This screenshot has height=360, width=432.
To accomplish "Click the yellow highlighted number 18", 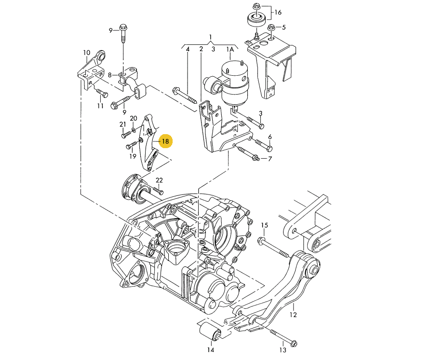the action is tap(165, 141).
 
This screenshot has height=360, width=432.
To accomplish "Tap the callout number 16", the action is tap(278, 13).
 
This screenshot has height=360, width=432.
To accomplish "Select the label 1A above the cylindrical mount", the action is tap(230, 49).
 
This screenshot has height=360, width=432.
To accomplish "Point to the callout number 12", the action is tap(293, 315).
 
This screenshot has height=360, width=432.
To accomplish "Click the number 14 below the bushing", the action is tap(211, 350).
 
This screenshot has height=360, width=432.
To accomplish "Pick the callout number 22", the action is tap(159, 180).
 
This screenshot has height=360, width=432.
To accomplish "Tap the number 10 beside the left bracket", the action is tap(86, 53).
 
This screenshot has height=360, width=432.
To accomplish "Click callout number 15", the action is tap(264, 225).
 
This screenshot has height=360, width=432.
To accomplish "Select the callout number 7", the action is tap(270, 159).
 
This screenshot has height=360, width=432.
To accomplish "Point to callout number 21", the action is tap(122, 125).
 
